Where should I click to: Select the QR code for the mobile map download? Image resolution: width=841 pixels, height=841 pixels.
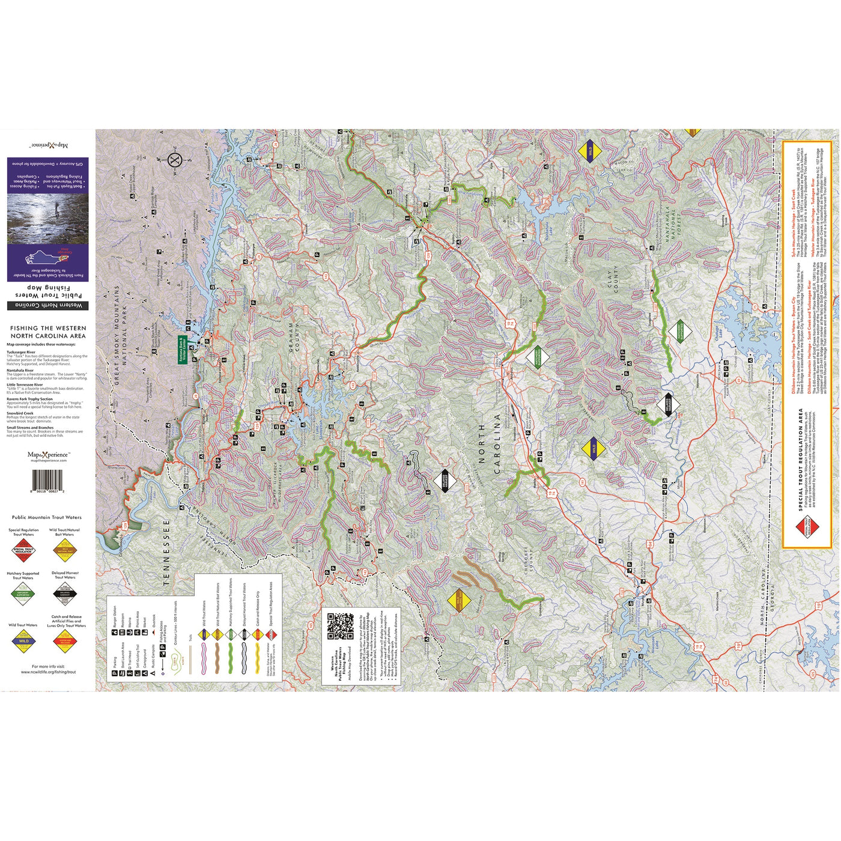(x=341, y=626)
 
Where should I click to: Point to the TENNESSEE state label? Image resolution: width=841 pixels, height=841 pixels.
(x=168, y=553)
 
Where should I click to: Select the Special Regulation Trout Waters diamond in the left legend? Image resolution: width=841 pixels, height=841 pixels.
(x=23, y=550)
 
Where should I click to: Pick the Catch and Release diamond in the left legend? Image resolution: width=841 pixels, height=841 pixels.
(x=67, y=641)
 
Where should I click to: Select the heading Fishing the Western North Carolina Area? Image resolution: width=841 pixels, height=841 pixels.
(x=48, y=332)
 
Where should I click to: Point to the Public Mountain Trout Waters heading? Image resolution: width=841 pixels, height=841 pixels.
(x=47, y=517)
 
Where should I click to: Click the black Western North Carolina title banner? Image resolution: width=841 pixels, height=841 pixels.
(x=48, y=306)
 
